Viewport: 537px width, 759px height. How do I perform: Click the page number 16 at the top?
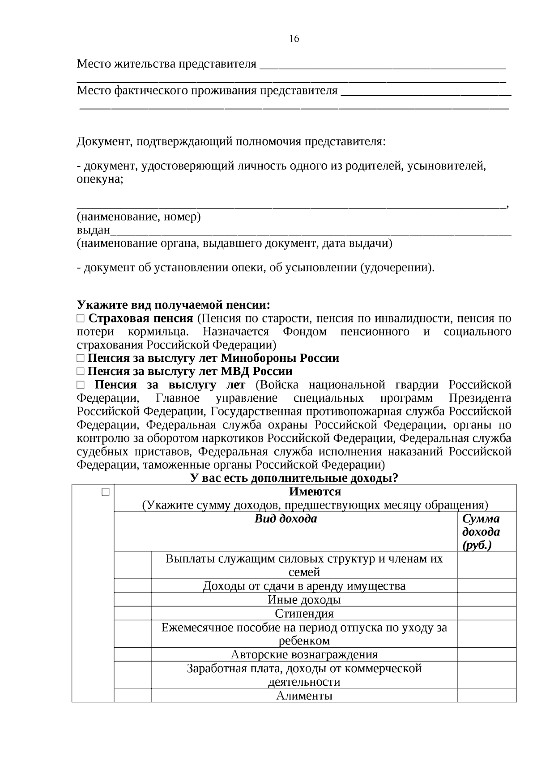click(294, 39)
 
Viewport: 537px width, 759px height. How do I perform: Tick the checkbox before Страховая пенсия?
click(80, 319)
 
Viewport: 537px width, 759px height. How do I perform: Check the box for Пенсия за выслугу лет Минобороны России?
click(80, 359)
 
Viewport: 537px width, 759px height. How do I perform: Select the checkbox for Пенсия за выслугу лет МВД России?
click(80, 372)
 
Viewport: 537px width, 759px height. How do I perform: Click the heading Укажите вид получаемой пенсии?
click(174, 305)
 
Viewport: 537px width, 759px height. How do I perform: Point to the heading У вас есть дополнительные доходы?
click(294, 478)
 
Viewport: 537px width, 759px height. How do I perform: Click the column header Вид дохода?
click(286, 519)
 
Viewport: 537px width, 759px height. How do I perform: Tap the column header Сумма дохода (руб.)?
click(481, 532)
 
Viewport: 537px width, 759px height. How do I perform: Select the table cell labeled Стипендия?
click(304, 614)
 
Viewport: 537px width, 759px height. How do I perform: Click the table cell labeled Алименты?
click(304, 696)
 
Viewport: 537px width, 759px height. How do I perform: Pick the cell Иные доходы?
click(304, 600)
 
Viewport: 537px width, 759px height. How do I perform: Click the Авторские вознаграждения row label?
click(304, 655)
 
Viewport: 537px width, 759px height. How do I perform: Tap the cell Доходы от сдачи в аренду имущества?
click(304, 586)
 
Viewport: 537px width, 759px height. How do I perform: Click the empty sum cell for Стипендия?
click(486, 614)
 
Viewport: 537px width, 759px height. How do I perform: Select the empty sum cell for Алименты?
click(486, 696)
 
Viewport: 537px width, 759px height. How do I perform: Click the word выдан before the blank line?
click(93, 230)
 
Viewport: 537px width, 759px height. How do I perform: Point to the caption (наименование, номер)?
click(139, 217)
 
